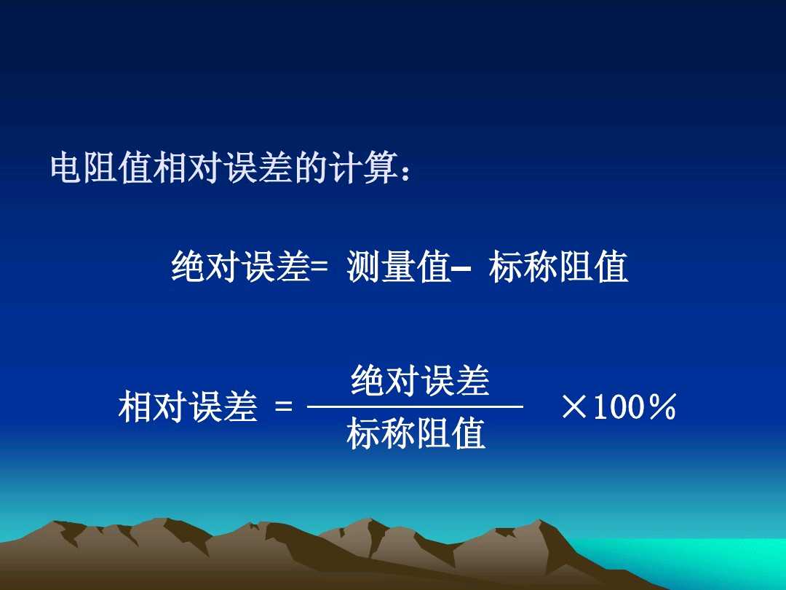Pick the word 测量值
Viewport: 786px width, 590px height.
click(x=398, y=267)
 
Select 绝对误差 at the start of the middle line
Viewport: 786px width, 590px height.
click(x=241, y=267)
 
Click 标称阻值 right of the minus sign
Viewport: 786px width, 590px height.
click(x=558, y=267)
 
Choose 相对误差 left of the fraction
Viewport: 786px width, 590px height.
click(x=188, y=407)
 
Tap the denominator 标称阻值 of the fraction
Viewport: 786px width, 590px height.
click(x=416, y=434)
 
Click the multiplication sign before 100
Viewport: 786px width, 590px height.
click(x=574, y=407)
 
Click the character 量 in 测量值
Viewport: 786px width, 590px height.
click(x=398, y=267)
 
